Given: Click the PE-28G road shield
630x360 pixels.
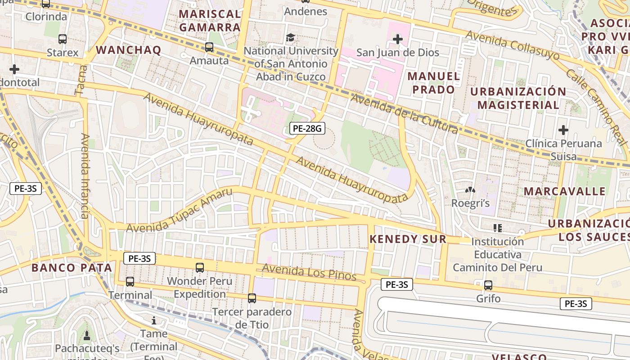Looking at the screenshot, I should coord(307,129).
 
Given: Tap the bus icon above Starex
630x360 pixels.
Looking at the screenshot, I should coord(63,39).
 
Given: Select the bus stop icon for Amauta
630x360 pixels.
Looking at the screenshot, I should coord(209,47).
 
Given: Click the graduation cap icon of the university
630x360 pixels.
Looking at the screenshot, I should coord(291,37).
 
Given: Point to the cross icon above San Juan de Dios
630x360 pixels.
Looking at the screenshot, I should coord(397,39).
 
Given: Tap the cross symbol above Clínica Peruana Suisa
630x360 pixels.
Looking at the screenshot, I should coord(563,130).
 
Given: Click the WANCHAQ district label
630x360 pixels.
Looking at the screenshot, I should coord(129,50).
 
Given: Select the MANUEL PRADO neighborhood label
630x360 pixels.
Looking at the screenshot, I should coord(434,83).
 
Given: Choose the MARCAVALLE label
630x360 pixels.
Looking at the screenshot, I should coord(564,191).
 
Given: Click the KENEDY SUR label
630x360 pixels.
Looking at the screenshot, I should coord(408,239).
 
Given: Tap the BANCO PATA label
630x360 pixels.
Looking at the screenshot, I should coord(72,268).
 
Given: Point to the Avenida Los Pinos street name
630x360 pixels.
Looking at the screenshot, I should coord(309,272).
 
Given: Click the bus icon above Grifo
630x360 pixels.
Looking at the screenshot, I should coord(488,285).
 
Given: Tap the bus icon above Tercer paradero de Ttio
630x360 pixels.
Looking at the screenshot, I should coord(252,298).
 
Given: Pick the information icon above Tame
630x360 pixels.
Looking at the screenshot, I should coord(154,320).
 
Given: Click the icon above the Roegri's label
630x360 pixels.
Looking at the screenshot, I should coord(470,190).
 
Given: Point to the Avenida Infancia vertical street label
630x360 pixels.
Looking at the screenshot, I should coord(85,175).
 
